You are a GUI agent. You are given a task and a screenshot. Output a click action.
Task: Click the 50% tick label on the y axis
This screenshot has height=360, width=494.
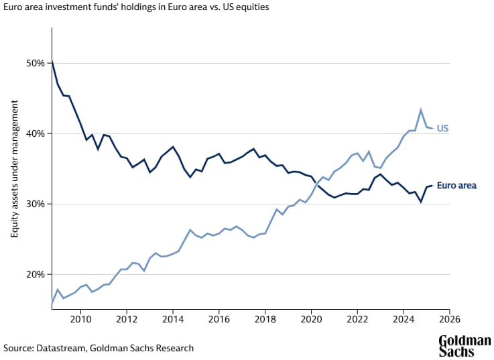(x=35, y=63)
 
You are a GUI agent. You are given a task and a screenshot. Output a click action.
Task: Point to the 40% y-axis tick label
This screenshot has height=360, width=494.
(x=35, y=133)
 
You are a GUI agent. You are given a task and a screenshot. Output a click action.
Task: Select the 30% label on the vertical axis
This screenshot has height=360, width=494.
(x=35, y=204)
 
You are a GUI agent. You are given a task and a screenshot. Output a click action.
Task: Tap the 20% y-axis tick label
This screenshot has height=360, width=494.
(x=35, y=274)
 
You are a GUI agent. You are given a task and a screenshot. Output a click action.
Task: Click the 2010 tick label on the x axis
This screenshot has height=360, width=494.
(x=80, y=319)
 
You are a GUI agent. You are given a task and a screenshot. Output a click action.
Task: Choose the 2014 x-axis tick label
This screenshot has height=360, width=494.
(x=173, y=319)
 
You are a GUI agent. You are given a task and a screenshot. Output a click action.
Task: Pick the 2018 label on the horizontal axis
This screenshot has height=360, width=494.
(x=265, y=319)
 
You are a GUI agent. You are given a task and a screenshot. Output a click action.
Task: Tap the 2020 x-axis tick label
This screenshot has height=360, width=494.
(x=311, y=319)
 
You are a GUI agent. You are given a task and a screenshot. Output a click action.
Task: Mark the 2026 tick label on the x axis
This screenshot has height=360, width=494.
(x=449, y=319)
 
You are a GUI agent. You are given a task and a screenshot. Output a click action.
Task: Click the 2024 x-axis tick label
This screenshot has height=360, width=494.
(x=403, y=319)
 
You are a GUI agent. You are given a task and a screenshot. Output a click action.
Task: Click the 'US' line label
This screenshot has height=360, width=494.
(x=442, y=128)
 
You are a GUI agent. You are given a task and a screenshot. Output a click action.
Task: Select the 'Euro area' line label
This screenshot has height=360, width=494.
(x=456, y=185)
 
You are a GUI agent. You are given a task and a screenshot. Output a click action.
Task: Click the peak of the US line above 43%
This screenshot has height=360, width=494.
(x=420, y=109)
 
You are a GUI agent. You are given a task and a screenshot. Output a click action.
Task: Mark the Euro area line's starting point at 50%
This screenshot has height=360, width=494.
(x=52, y=62)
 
